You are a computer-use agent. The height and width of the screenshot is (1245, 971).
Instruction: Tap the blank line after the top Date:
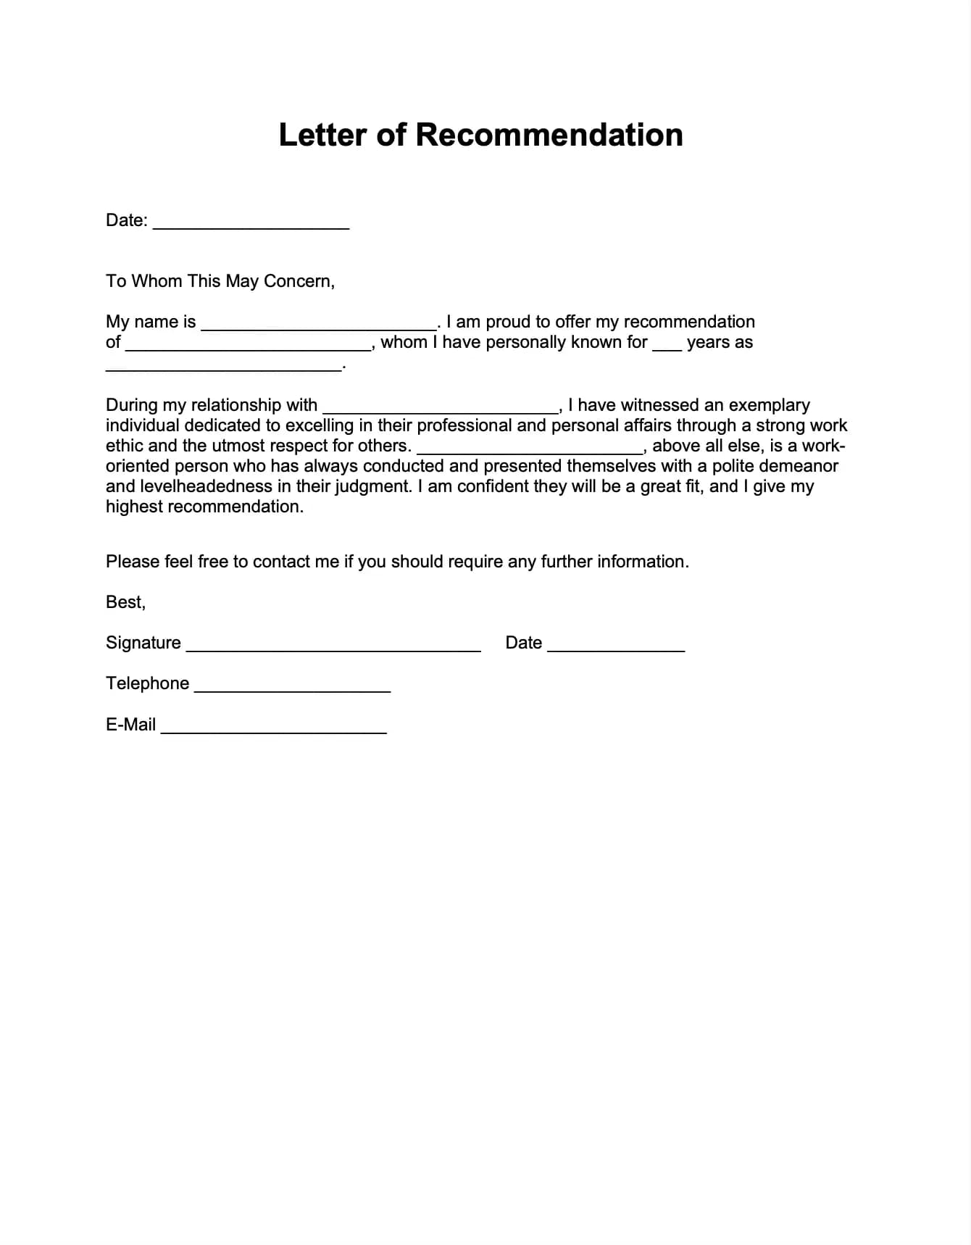(251, 223)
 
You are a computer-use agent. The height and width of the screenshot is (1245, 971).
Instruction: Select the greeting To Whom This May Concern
(220, 281)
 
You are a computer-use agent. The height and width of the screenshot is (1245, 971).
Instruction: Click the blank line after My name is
(319, 324)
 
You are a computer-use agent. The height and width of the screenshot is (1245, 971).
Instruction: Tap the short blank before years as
(667, 346)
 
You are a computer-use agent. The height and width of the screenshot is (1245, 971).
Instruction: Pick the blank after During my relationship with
(441, 407)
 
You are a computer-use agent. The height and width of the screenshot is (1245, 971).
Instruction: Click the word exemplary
(769, 405)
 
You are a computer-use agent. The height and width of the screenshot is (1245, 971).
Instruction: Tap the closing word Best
(125, 602)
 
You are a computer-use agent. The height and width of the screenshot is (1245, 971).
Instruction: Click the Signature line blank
(333, 646)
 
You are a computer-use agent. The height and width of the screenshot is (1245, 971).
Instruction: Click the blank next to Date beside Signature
(616, 646)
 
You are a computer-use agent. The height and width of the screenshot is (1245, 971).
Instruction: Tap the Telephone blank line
(293, 687)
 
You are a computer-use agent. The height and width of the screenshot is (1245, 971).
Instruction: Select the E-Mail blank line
(274, 728)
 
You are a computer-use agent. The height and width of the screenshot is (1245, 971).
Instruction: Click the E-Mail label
(130, 725)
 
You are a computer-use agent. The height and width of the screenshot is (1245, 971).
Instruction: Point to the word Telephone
(147, 683)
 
